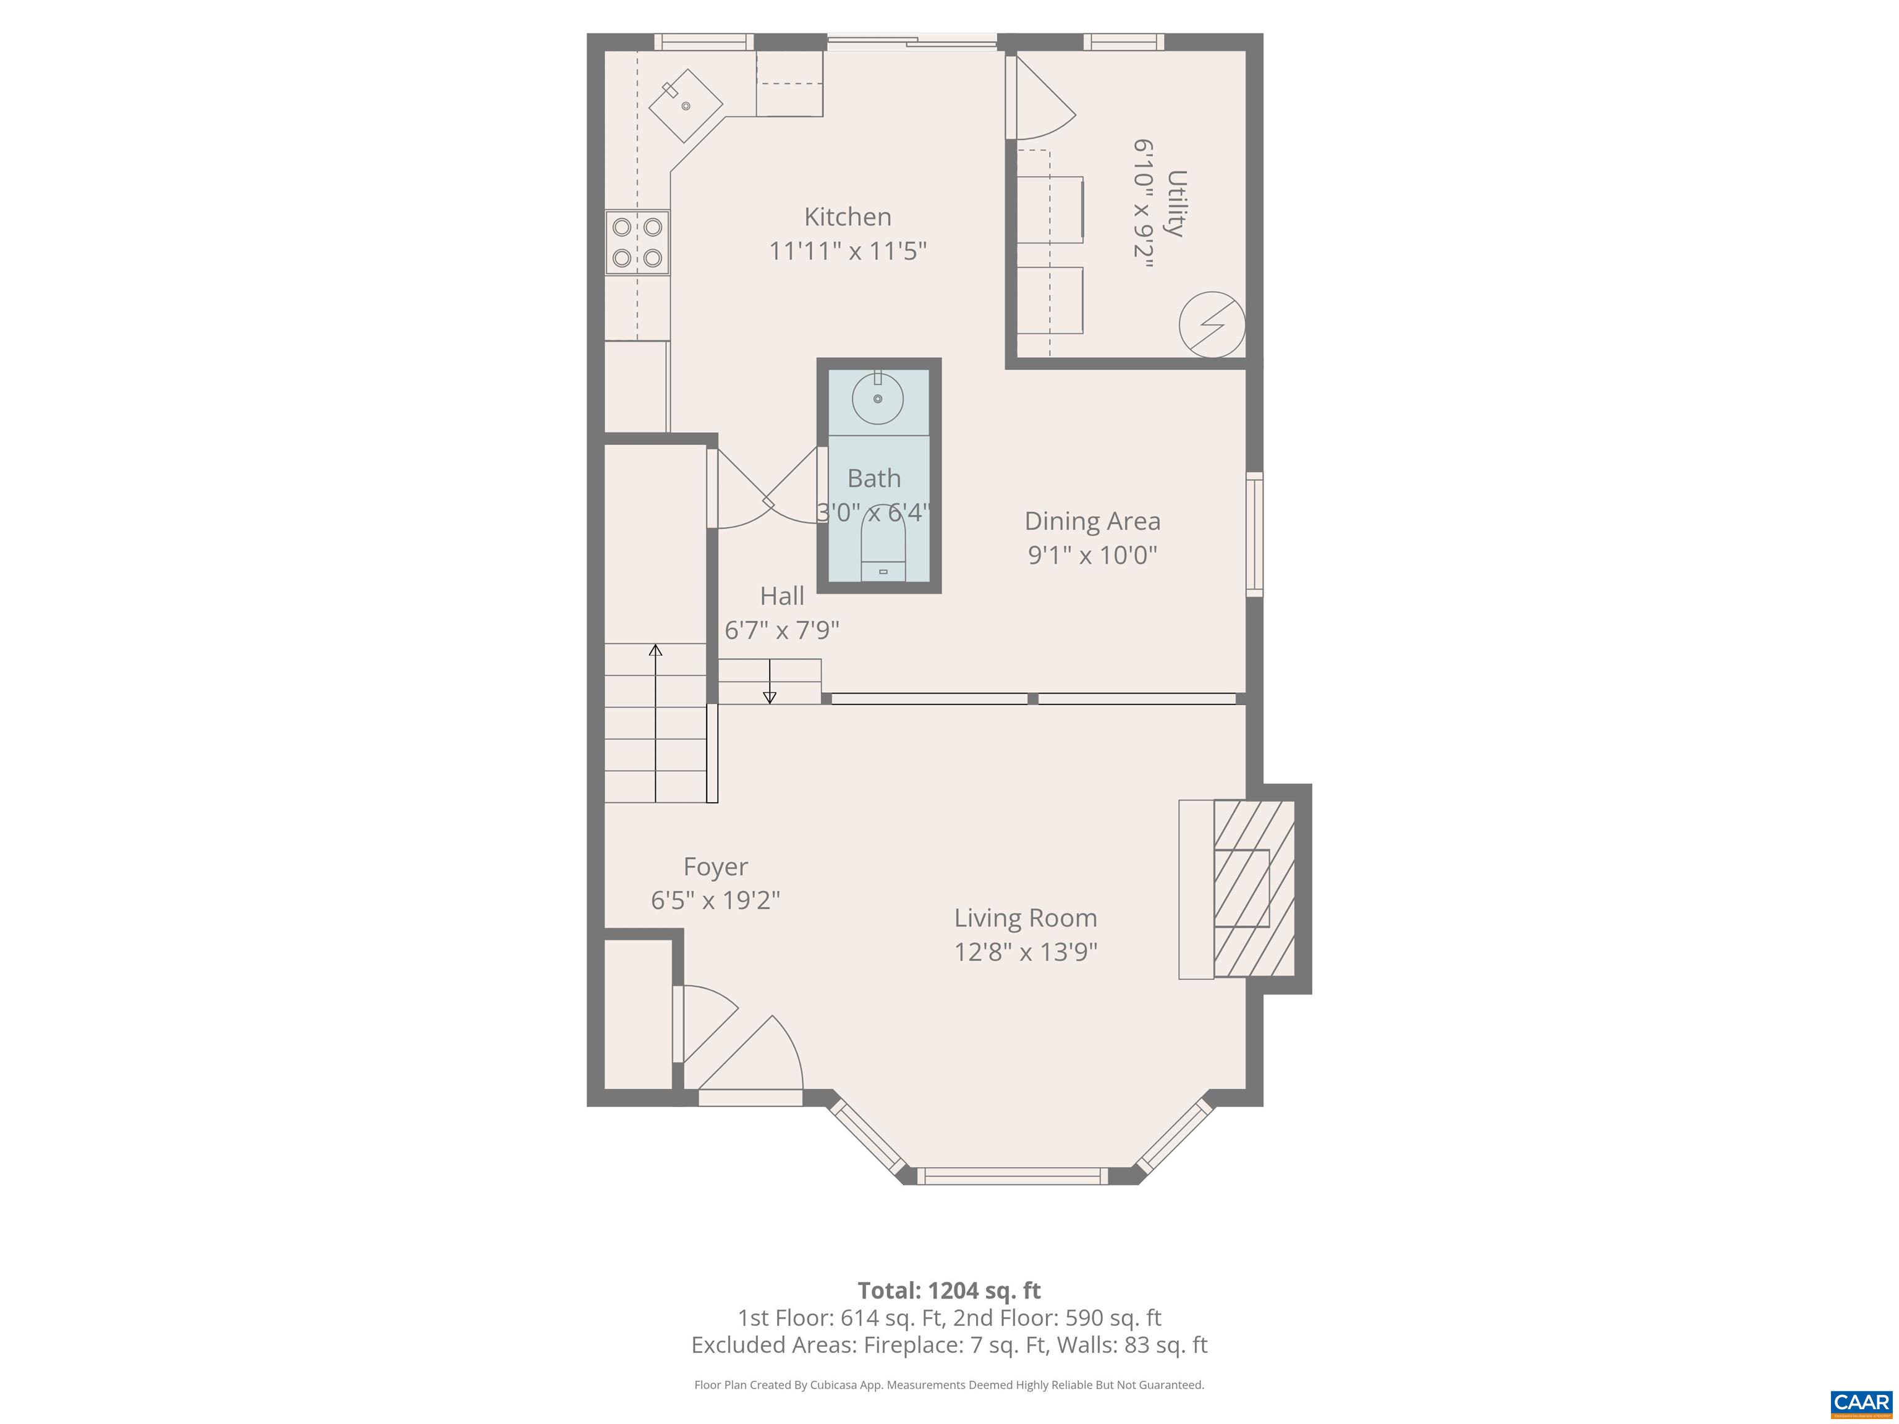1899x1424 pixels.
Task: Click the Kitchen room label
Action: click(848, 217)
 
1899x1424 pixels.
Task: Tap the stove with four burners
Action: click(637, 242)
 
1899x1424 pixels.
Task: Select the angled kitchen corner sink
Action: click(686, 106)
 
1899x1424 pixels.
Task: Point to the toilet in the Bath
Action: click(883, 554)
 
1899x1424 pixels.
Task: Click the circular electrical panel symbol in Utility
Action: click(1212, 325)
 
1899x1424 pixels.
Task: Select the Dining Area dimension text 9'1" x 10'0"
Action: click(1092, 556)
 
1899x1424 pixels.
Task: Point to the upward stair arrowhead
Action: click(655, 650)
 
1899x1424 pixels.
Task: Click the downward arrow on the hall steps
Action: click(769, 696)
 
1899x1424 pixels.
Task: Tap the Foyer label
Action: click(715, 867)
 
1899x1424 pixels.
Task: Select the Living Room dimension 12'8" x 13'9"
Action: click(1026, 952)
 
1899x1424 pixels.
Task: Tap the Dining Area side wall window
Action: click(1254, 534)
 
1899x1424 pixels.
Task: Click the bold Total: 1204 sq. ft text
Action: click(949, 1290)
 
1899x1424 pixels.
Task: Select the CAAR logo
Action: click(1861, 1402)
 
